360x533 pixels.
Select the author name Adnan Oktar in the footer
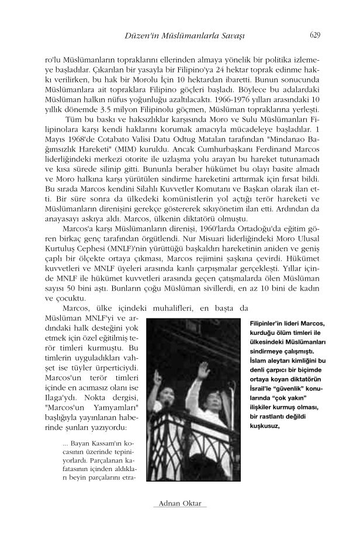(x=180, y=503)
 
